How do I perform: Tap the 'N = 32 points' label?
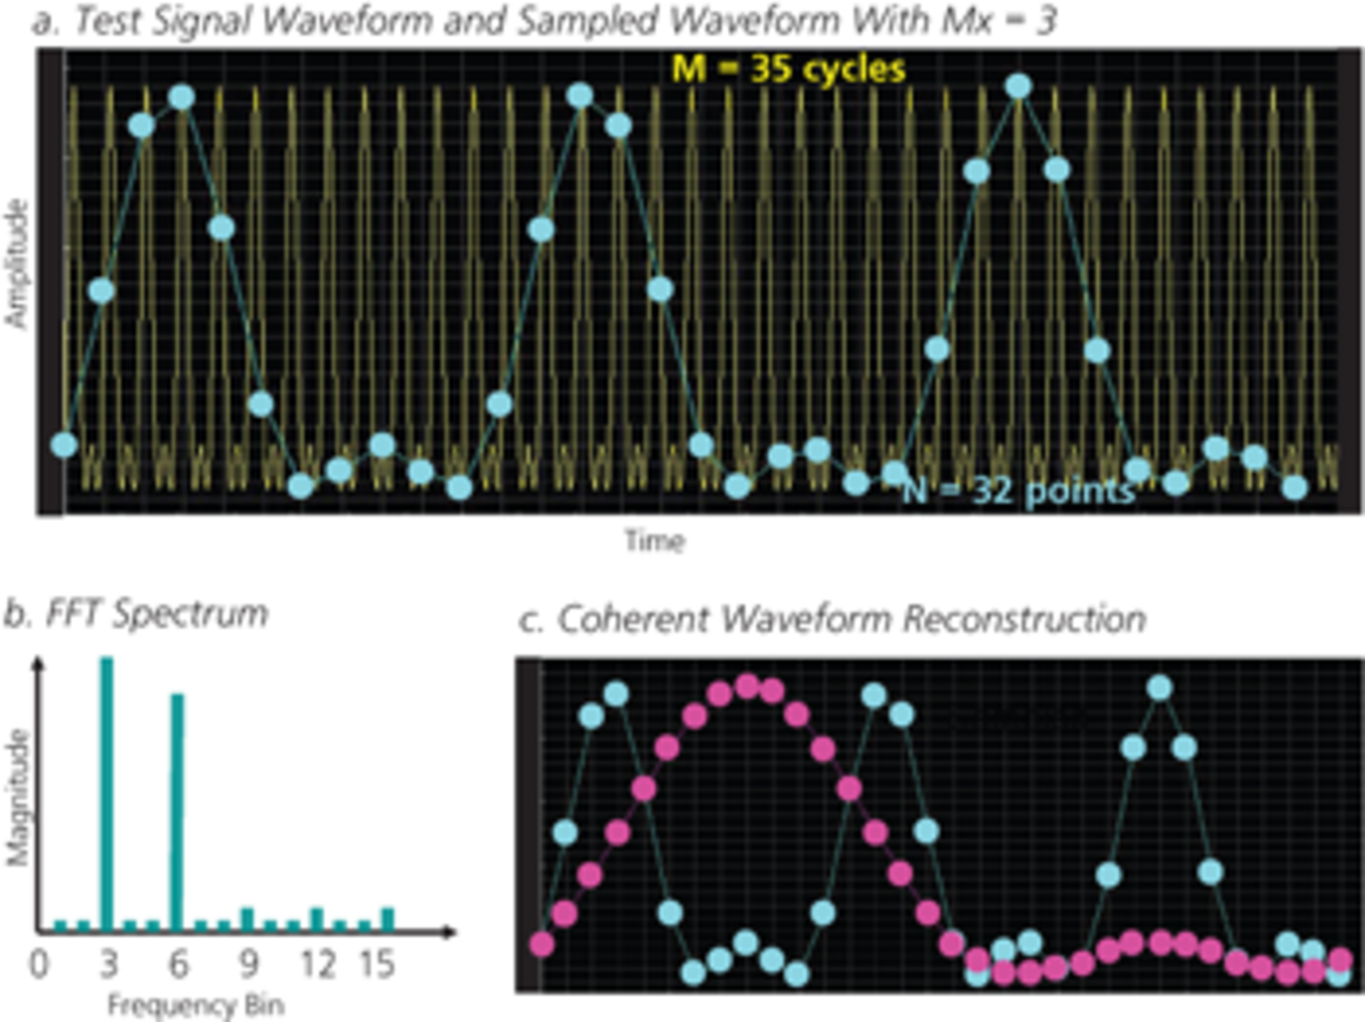coord(1018,491)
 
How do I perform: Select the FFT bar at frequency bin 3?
coord(107,793)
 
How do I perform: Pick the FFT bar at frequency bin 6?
coord(177,811)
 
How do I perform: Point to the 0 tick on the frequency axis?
coord(39,964)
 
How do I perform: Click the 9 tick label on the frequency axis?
coord(247,964)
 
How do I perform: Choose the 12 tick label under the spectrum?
coord(317,964)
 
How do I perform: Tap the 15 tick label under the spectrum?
coord(377,964)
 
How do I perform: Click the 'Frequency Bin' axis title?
coord(196,1006)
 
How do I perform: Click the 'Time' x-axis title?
coord(655,541)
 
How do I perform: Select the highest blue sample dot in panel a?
coord(1018,86)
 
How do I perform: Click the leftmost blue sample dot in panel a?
coord(64,445)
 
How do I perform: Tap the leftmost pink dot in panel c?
coord(542,944)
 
